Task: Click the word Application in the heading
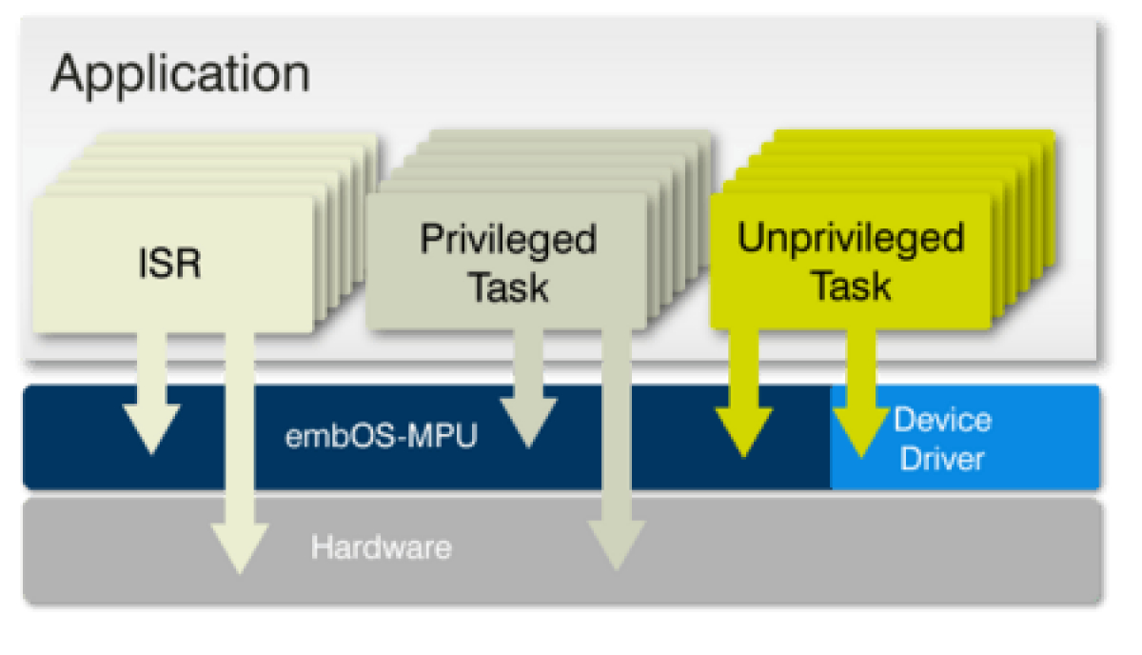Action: [x=180, y=74]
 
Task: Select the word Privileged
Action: [x=508, y=240]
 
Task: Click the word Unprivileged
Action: [x=851, y=239]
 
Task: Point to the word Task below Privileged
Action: [x=508, y=286]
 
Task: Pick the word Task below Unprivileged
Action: [x=851, y=285]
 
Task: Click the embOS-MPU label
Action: [x=381, y=440]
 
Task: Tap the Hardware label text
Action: [x=381, y=548]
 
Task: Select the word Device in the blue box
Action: [x=942, y=420]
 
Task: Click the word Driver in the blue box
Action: [x=942, y=460]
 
